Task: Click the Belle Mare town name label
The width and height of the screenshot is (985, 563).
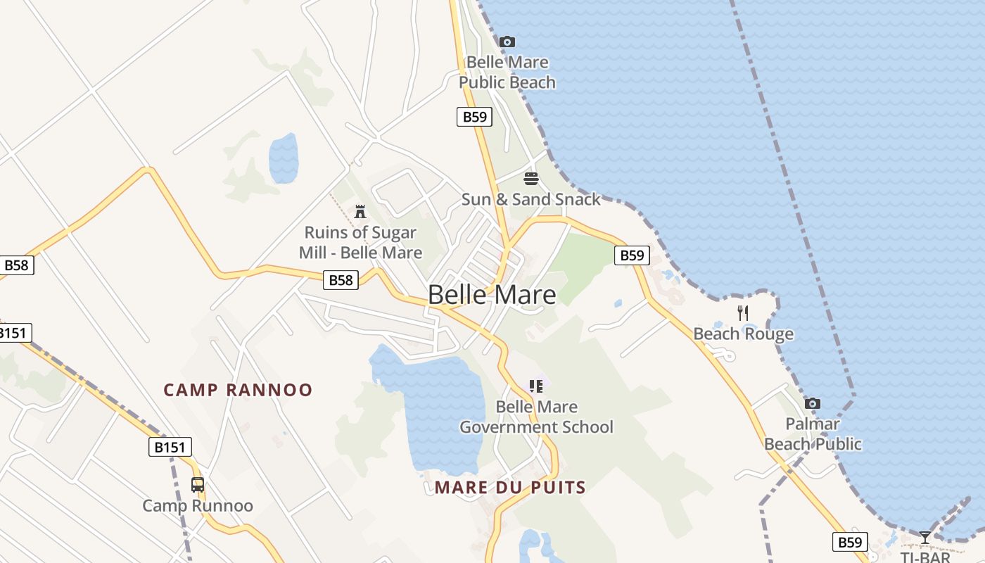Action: tap(492, 294)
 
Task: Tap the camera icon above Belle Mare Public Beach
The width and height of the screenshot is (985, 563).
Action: tap(507, 42)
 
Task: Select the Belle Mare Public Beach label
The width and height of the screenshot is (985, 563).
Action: tap(507, 72)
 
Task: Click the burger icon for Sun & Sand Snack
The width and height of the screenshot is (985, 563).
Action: tap(531, 178)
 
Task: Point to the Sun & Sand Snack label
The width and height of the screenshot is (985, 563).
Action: tap(531, 199)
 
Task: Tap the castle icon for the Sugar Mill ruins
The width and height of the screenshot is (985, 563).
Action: tap(360, 210)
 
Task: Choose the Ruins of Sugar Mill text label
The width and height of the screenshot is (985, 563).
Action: tap(360, 242)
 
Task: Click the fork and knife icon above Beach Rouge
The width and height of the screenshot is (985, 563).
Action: tap(743, 312)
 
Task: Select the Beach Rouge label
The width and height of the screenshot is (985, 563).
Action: tap(743, 334)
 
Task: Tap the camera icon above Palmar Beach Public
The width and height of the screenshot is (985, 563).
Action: tap(813, 403)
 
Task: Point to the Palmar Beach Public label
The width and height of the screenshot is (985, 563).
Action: tap(813, 434)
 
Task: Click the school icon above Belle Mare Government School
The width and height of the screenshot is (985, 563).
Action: tap(536, 386)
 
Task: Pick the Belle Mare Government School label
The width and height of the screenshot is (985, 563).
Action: tap(536, 417)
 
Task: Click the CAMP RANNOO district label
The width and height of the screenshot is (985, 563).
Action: tap(238, 390)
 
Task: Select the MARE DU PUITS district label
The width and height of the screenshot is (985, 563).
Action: tap(510, 487)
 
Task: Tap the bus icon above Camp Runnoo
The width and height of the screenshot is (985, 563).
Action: tap(198, 484)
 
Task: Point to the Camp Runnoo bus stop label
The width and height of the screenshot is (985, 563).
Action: tap(198, 505)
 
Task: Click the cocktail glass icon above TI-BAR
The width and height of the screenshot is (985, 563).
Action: tap(924, 538)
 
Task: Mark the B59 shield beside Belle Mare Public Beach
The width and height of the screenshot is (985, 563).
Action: tap(474, 117)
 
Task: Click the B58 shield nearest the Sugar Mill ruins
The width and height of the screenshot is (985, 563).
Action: tap(341, 280)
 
